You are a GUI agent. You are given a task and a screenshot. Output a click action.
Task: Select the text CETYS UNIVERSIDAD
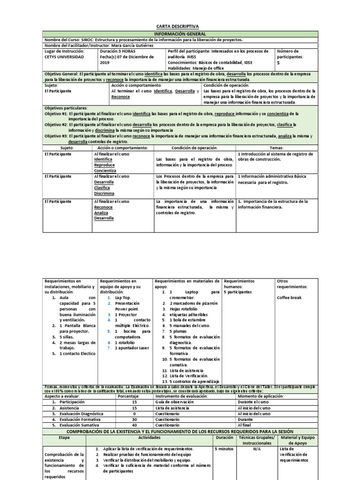(64, 57)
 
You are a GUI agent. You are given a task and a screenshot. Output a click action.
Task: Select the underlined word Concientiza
(105, 171)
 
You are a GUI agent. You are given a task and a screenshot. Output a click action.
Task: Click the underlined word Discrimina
(104, 193)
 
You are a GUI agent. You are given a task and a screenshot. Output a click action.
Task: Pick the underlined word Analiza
(100, 212)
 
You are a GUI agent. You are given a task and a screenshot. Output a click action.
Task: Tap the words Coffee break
(290, 298)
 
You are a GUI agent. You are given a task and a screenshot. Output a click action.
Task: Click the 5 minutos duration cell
(225, 449)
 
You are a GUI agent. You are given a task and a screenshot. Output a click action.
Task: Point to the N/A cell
(256, 449)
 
